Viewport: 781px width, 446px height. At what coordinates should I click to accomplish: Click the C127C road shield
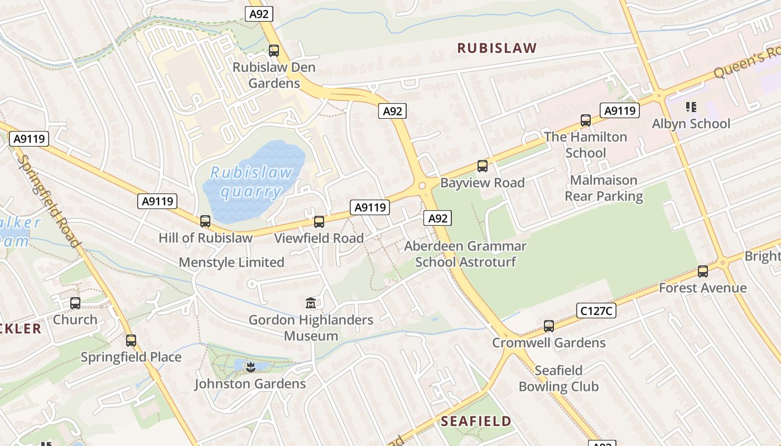click(x=596, y=311)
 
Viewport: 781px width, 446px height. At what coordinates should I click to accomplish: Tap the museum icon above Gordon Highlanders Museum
click(x=311, y=303)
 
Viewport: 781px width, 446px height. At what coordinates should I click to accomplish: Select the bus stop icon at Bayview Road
click(x=483, y=166)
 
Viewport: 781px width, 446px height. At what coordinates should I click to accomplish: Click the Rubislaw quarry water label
click(x=251, y=182)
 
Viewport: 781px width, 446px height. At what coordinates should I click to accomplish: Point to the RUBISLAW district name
click(x=497, y=48)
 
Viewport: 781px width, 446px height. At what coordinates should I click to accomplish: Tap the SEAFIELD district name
click(x=476, y=421)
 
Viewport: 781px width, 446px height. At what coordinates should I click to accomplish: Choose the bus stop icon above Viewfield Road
click(x=319, y=222)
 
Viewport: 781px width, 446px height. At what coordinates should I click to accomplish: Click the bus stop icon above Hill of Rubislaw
click(x=205, y=221)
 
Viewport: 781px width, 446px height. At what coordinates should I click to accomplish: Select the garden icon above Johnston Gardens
click(x=250, y=367)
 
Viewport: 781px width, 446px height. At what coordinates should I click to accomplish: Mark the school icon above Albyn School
click(x=691, y=107)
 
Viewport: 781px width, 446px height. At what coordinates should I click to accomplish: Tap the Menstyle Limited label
click(x=232, y=262)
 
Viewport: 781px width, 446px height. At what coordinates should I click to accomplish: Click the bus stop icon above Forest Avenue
click(x=703, y=272)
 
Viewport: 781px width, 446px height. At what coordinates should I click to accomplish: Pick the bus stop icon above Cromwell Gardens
click(x=549, y=326)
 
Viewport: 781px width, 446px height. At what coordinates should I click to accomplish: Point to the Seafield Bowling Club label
click(x=558, y=379)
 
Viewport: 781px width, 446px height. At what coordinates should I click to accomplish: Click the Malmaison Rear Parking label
click(x=604, y=188)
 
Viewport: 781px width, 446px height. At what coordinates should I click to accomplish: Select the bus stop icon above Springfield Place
click(x=131, y=341)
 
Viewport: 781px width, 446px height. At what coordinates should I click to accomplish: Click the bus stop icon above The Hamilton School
click(x=586, y=120)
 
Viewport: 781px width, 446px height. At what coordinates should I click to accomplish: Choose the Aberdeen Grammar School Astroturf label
click(x=465, y=254)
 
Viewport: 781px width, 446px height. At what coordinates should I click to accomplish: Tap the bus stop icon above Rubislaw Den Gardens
click(x=274, y=51)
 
